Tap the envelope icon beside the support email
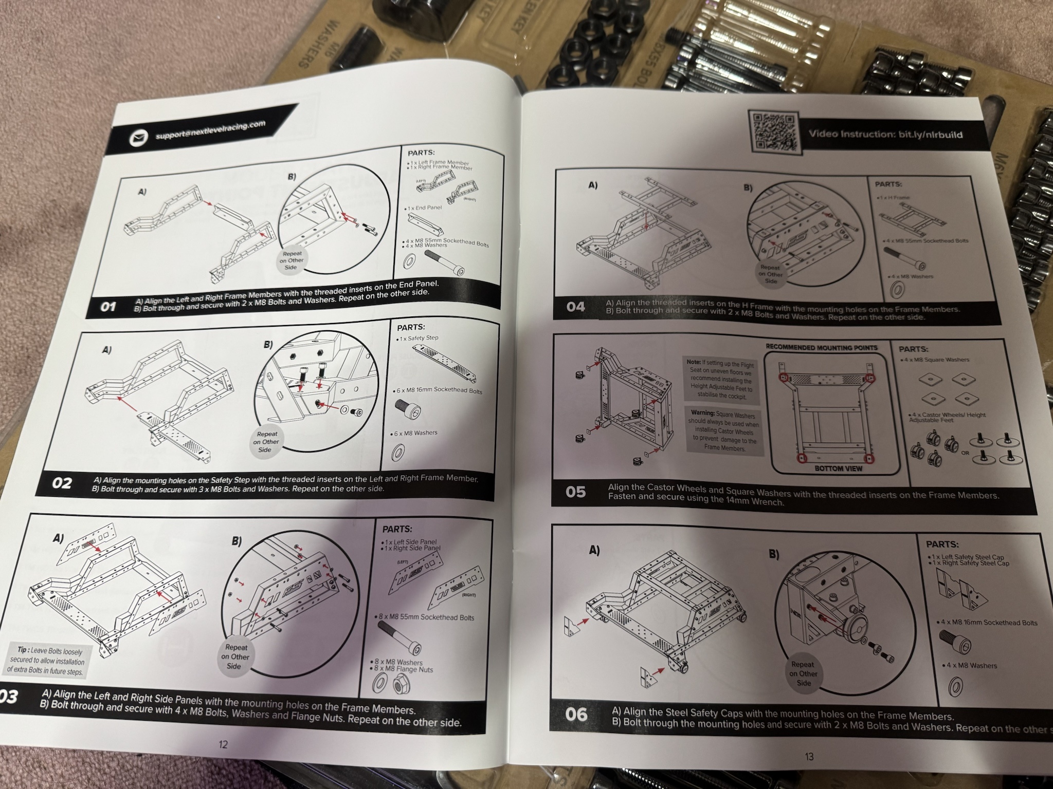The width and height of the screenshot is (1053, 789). click(138, 139)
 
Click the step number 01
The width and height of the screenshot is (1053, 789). click(108, 307)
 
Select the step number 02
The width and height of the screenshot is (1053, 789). click(62, 483)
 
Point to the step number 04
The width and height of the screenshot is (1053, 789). click(575, 307)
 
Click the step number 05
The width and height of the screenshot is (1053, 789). click(575, 492)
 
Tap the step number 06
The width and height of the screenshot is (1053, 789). click(576, 714)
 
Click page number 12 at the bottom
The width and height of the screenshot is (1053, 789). click(223, 744)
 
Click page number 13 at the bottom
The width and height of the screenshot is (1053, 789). click(809, 756)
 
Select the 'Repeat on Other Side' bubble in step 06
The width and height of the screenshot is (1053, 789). click(803, 673)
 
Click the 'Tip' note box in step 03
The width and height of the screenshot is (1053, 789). click(46, 660)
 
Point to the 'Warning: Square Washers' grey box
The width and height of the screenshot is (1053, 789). click(724, 430)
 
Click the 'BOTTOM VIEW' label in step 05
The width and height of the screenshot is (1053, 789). click(838, 468)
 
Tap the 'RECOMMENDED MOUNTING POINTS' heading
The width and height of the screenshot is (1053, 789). click(821, 348)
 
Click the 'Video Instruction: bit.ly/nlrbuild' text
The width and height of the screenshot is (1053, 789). click(885, 135)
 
